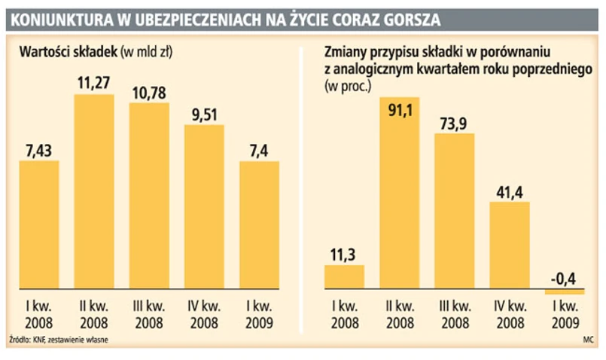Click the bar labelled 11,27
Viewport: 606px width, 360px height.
94,192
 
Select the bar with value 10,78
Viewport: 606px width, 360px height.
149,196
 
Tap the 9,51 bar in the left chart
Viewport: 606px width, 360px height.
204,207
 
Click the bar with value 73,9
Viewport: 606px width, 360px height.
454,211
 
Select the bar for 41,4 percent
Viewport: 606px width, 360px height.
509,245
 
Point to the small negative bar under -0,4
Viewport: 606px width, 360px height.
564,291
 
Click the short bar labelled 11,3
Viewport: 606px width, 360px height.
344,277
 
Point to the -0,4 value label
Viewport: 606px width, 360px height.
564,279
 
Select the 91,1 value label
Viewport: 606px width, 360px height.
399,111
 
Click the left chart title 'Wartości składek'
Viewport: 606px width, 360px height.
68,52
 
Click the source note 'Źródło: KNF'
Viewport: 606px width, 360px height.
30,340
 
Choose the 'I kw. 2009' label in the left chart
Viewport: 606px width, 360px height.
259,313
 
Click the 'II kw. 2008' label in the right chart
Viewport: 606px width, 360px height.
399,313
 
